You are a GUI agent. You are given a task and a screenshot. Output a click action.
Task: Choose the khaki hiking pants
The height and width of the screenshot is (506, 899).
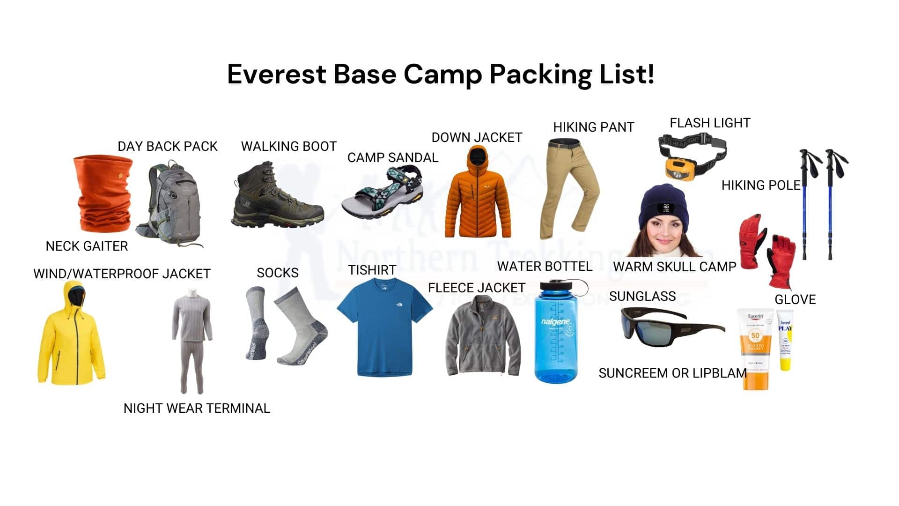pos(569,187)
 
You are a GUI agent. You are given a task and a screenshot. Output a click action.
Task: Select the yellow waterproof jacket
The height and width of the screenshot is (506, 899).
pos(70,337)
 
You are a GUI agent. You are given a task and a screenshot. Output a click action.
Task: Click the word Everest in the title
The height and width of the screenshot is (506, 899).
pos(276,74)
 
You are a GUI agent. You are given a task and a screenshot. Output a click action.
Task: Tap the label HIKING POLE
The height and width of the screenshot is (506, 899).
pos(760,186)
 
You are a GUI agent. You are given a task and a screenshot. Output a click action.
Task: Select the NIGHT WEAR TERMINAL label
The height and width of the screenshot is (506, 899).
pos(197,408)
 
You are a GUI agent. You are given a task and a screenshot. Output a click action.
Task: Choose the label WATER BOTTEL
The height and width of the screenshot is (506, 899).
pos(545,267)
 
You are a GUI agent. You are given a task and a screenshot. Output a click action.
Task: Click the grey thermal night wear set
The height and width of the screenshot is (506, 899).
pos(192,340)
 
